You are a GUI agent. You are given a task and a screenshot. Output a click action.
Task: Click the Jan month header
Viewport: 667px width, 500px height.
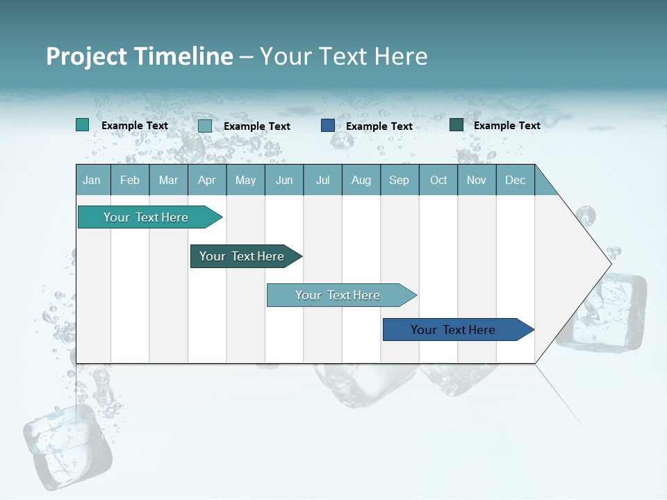click(x=92, y=180)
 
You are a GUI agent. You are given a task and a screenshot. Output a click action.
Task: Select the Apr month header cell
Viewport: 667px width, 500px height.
click(x=206, y=180)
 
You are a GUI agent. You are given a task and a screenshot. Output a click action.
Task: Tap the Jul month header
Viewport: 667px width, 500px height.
click(x=322, y=180)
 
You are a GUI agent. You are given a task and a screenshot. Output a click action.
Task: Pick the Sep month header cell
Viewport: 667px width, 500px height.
click(x=399, y=180)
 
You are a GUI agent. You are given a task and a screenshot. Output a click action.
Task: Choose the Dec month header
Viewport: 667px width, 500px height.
click(x=515, y=180)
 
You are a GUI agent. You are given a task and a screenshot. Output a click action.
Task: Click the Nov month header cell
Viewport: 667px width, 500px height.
click(x=476, y=180)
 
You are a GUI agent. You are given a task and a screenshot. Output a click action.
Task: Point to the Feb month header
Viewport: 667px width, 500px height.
click(x=130, y=180)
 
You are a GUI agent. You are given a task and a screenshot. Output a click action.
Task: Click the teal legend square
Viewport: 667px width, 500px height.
click(x=83, y=125)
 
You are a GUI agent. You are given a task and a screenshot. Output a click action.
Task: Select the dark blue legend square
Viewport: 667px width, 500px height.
click(x=328, y=126)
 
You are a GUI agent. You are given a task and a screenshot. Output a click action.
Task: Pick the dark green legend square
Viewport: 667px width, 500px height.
click(x=456, y=125)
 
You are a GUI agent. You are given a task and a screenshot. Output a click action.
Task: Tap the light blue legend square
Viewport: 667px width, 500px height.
click(x=205, y=126)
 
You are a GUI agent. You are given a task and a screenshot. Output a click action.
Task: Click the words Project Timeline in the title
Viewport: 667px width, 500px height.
click(x=139, y=56)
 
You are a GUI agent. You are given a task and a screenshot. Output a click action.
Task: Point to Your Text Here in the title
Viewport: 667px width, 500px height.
click(x=343, y=56)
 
